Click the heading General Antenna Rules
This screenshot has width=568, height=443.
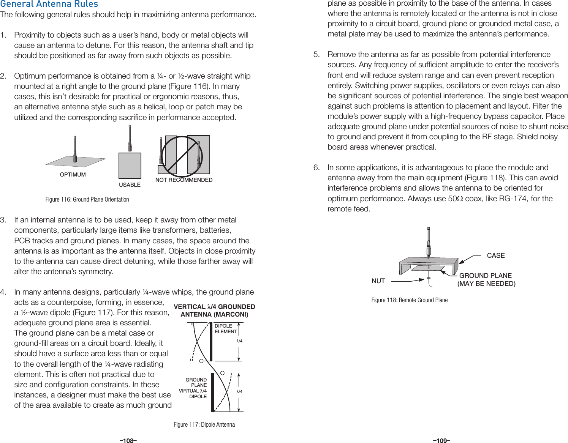click(49, 4)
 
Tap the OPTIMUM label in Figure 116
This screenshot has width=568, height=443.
click(73, 175)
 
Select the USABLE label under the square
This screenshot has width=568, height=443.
click(130, 185)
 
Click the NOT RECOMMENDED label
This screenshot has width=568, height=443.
click(184, 180)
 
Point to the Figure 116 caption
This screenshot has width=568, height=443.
click(87, 200)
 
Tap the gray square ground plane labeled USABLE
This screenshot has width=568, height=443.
click(130, 166)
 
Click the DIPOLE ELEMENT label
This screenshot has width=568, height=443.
click(226, 329)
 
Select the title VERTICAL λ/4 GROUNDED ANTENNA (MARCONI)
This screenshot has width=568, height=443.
click(214, 311)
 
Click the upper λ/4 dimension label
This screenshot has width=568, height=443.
click(239, 341)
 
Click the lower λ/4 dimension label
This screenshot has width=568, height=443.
click(239, 391)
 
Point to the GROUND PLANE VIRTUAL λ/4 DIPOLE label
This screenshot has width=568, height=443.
click(193, 388)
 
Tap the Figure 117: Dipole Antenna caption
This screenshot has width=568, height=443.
click(204, 425)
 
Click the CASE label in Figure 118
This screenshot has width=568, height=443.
click(496, 255)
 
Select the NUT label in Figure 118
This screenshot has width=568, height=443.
click(378, 281)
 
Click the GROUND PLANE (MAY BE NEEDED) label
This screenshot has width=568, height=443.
click(486, 279)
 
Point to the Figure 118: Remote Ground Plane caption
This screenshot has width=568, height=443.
click(409, 300)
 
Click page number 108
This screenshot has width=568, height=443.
click(128, 441)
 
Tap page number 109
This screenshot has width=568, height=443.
click(441, 441)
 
